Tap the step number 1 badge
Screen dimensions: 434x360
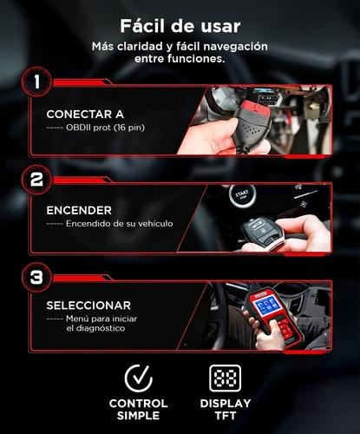36,83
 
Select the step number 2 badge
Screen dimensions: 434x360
36,181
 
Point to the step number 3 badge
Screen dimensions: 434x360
36,278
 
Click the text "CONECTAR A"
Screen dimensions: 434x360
84,114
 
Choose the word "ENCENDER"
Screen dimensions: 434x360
79,210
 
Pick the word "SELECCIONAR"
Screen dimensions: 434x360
88,306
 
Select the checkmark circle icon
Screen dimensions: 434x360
138,378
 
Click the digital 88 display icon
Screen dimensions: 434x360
225,378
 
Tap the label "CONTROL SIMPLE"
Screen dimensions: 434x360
138,410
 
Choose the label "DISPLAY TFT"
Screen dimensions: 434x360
225,410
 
